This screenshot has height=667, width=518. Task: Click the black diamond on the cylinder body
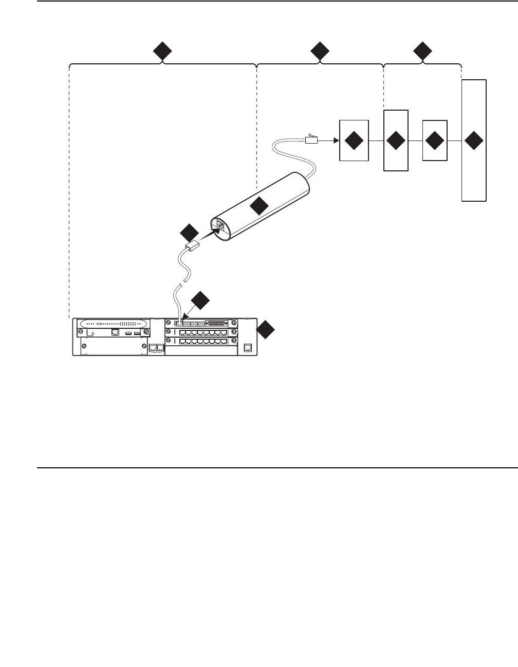(x=259, y=206)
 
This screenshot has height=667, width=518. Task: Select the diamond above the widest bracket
(x=162, y=52)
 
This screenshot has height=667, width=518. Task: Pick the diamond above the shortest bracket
(x=422, y=52)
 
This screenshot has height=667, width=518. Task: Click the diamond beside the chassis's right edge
(x=266, y=330)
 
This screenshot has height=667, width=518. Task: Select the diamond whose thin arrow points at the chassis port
(x=200, y=300)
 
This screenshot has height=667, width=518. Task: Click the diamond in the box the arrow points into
(x=354, y=141)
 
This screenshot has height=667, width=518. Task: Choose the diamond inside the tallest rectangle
(x=474, y=141)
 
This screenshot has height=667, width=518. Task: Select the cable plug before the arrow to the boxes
(x=312, y=139)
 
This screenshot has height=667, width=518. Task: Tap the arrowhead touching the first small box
(x=336, y=140)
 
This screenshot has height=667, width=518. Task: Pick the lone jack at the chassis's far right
(x=248, y=348)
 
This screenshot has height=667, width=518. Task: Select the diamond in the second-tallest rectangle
(x=396, y=141)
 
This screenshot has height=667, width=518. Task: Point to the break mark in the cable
(x=181, y=285)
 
